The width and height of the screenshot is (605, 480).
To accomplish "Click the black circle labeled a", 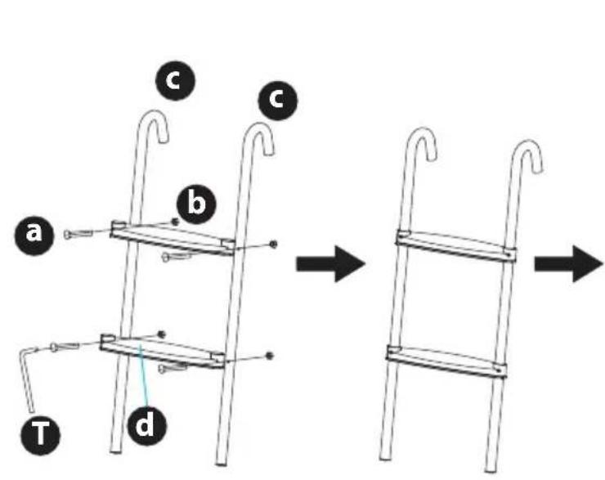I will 34,234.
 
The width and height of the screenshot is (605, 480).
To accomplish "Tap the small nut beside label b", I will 174,222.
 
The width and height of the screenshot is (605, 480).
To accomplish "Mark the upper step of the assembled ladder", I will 456,245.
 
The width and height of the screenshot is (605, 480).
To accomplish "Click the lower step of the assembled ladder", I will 446,361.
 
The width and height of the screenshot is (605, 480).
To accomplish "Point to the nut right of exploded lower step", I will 270,356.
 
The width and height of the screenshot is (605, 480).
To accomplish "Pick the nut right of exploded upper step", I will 272,243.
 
